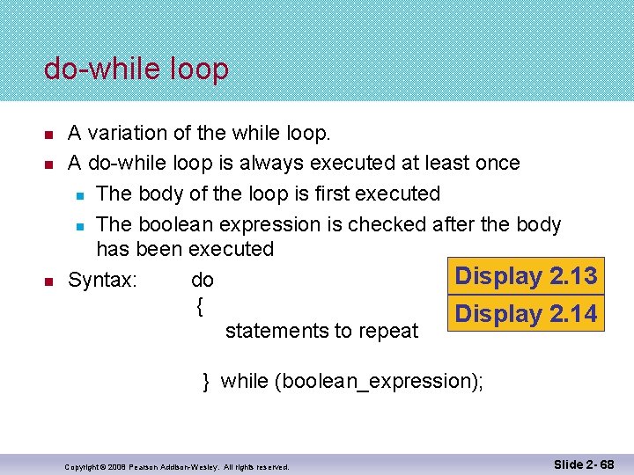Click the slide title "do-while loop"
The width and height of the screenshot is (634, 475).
pos(136,69)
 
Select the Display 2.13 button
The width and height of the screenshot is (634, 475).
pos(526,276)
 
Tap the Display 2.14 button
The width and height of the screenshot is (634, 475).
pos(526,314)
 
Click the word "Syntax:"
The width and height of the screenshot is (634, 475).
pos(102,281)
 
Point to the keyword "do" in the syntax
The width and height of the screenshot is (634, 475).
pos(203,281)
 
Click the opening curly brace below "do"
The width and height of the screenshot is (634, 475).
pos(200,306)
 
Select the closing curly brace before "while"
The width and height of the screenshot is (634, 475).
pos(206,381)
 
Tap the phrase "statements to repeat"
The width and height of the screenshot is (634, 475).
pos(321,331)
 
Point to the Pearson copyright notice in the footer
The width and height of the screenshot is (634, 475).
pos(177,467)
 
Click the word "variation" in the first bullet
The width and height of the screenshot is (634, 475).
pos(126,133)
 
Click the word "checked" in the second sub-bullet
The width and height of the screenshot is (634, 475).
pos(387,224)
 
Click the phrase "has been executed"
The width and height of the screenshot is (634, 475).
pos(185,249)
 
